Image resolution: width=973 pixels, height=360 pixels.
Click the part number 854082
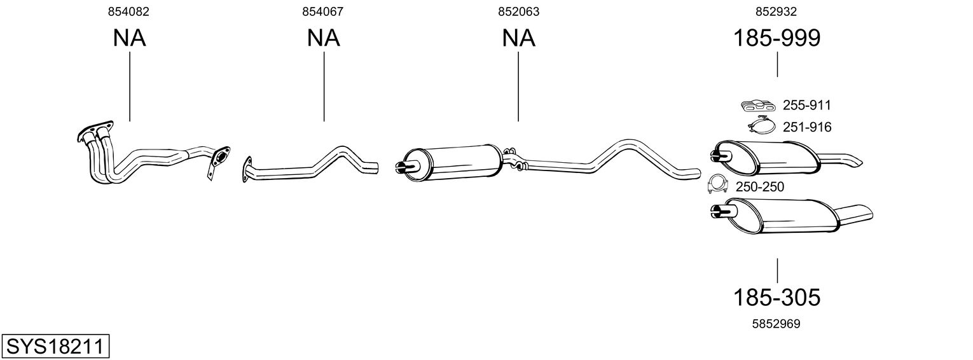click(129, 11)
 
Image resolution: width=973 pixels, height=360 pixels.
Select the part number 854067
click(323, 11)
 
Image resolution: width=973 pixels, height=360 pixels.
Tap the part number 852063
click(518, 11)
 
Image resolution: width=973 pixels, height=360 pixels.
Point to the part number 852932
click(776, 11)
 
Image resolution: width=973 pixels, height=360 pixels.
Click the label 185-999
click(776, 38)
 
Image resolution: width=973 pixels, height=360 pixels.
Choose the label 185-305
click(776, 296)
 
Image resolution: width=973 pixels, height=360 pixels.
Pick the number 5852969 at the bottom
click(776, 324)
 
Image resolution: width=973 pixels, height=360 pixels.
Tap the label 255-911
click(806, 106)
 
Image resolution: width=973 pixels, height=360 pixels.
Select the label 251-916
click(806, 127)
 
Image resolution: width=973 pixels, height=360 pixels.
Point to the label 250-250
click(759, 187)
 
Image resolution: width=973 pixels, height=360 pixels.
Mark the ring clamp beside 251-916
click(762, 126)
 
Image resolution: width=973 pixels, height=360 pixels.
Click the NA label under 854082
click(129, 38)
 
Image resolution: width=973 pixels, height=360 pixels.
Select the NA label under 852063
click(518, 38)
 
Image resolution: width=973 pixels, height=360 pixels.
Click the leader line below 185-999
click(777, 65)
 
